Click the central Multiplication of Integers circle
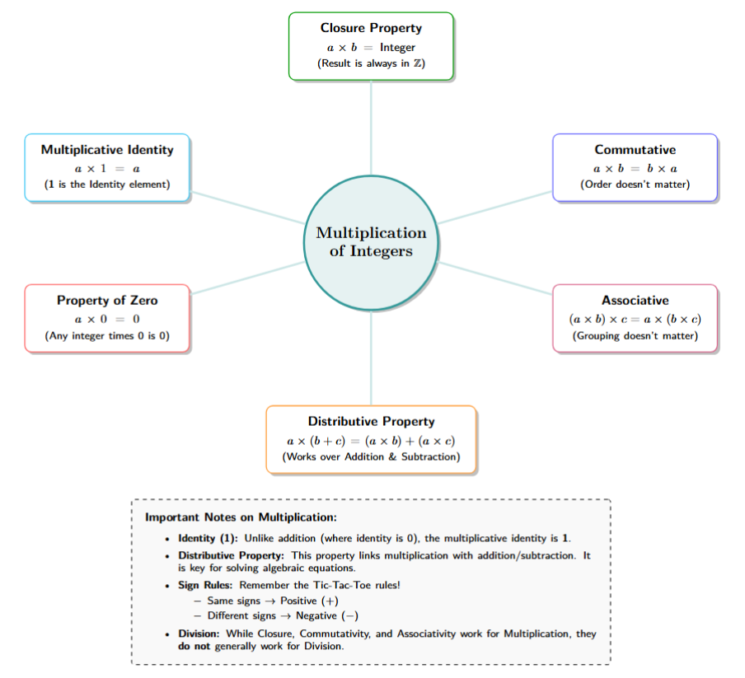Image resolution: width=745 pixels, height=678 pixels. click(x=371, y=242)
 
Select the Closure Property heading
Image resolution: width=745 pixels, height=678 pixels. click(x=371, y=28)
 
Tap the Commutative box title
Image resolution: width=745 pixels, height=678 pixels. click(x=635, y=150)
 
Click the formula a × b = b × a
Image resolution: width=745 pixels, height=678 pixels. click(x=635, y=168)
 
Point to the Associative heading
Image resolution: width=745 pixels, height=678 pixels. click(x=635, y=301)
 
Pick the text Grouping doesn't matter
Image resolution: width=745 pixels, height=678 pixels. click(x=635, y=336)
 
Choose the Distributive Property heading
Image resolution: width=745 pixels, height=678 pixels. click(x=371, y=422)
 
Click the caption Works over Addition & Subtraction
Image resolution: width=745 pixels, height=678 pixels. click(x=371, y=456)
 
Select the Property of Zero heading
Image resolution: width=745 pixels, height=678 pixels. click(x=107, y=301)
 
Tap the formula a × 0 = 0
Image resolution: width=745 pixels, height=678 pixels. click(x=107, y=319)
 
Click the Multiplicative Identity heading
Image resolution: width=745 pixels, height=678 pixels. click(x=107, y=150)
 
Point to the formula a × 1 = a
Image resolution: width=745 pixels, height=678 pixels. click(x=107, y=168)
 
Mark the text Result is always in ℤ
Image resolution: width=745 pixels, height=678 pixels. click(x=371, y=63)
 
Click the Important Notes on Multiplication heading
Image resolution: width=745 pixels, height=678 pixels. click(x=241, y=518)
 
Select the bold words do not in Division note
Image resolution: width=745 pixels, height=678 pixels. click(x=194, y=647)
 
